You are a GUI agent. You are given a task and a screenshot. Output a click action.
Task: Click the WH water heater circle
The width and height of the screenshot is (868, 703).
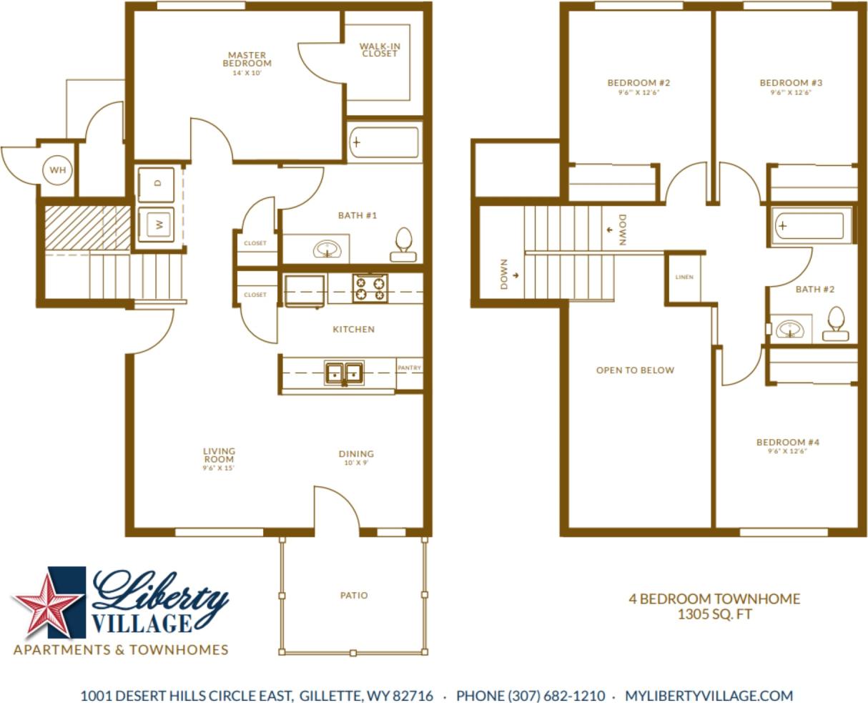point(57,171)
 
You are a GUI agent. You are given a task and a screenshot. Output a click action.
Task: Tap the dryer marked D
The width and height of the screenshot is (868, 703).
point(157,183)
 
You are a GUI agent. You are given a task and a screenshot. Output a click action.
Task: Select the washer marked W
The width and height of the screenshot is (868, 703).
point(157,225)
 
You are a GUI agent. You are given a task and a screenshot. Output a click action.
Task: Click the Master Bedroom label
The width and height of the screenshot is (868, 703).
point(247,59)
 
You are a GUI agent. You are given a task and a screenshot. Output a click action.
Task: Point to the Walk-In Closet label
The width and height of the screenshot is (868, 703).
point(380,50)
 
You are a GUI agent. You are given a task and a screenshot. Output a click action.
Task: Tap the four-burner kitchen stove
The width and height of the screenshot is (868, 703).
point(370,287)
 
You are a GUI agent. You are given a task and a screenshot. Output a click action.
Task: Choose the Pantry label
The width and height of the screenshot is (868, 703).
point(409,368)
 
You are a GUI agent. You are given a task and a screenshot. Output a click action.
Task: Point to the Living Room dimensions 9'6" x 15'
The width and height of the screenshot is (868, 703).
point(219,468)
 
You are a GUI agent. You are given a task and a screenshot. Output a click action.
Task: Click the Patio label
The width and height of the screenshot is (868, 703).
point(354,595)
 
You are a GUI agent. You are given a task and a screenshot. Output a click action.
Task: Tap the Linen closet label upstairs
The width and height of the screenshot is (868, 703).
point(684,277)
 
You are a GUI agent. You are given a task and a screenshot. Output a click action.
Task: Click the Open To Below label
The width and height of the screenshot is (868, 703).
point(635,370)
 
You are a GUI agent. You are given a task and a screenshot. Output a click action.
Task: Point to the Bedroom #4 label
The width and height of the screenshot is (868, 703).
point(788,443)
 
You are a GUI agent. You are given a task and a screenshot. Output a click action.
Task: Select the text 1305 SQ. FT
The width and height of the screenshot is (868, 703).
point(714,614)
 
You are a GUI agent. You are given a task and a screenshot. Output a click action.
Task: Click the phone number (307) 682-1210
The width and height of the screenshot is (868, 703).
point(531,696)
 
